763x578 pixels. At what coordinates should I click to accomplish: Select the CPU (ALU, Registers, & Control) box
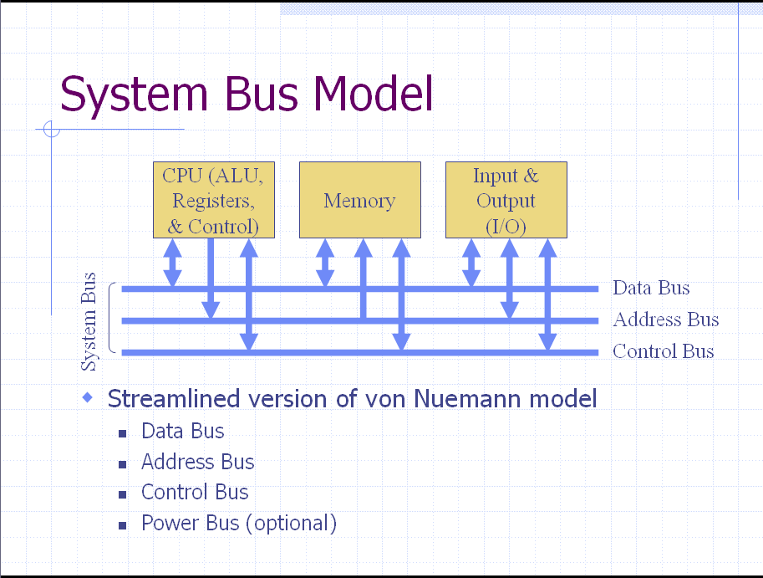[x=214, y=201]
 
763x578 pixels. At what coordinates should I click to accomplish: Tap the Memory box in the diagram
[x=359, y=201]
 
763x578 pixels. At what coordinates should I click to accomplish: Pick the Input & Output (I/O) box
[x=506, y=201]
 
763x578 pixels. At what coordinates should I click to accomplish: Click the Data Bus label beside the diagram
[x=651, y=288]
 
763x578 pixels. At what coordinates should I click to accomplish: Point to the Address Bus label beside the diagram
[x=665, y=320]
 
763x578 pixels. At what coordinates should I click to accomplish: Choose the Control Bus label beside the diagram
[x=663, y=351]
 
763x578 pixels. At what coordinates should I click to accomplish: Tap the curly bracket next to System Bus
[x=111, y=320]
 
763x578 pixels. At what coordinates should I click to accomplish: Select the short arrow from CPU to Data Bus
[x=172, y=263]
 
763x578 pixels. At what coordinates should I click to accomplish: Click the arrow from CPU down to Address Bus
[x=211, y=276]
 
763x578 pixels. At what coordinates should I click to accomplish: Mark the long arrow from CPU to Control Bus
[x=248, y=293]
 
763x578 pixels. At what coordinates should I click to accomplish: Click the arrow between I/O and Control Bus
[x=547, y=293]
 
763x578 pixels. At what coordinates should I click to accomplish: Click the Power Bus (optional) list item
[x=238, y=524]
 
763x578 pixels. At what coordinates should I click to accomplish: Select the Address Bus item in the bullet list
[x=197, y=463]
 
